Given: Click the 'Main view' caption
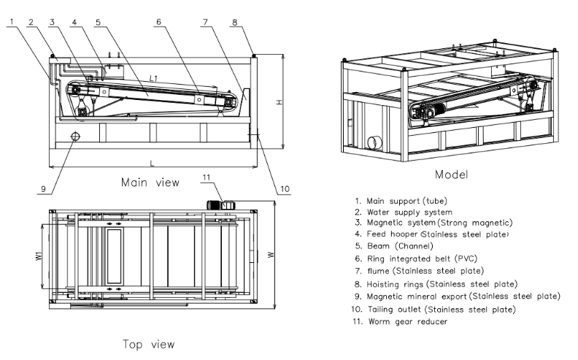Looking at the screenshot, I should coord(149,182).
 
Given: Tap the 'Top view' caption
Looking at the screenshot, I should coord(149,342).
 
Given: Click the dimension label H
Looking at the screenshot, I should coord(278,102).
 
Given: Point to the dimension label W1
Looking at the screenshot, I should coord(38,257).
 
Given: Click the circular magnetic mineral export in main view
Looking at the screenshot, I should coord(74,137).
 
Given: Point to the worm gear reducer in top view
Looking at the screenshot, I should coord(219,206).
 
